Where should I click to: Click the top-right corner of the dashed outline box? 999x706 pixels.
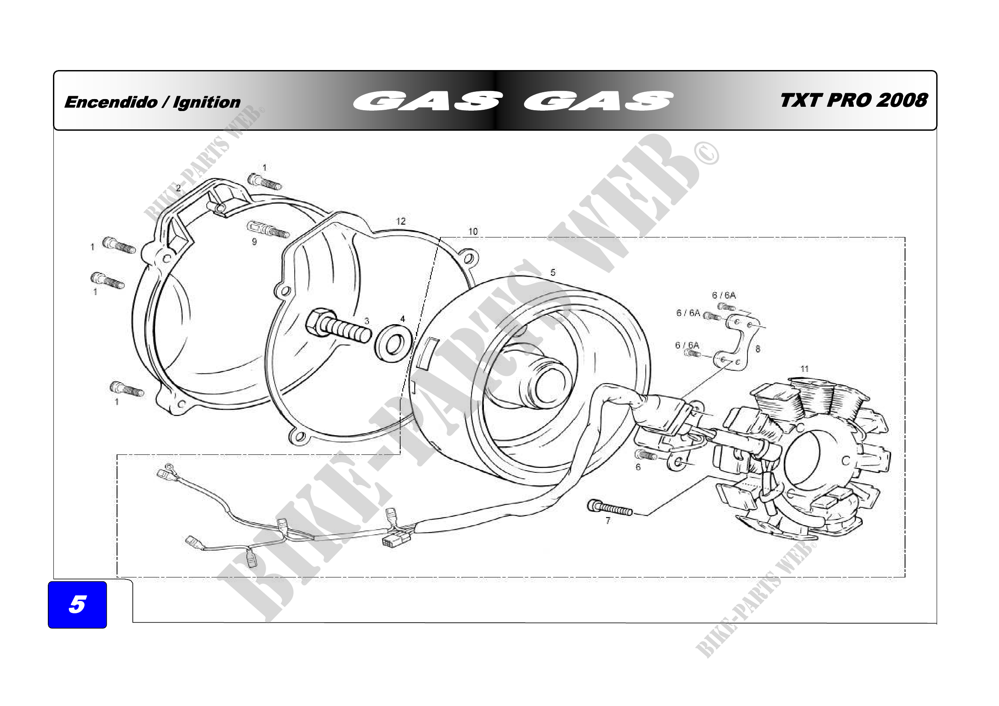[x=905, y=237]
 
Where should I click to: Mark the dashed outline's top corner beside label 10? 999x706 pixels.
[x=440, y=238]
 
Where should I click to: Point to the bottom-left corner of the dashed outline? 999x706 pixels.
[x=117, y=577]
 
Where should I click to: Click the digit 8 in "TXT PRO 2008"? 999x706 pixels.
[x=920, y=100]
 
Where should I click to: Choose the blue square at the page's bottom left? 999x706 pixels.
[x=77, y=605]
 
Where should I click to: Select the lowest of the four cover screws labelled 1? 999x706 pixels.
[x=126, y=389]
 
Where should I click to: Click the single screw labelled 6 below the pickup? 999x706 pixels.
[x=646, y=455]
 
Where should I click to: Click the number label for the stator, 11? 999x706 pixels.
[x=805, y=369]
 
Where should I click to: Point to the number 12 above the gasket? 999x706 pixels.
[x=401, y=221]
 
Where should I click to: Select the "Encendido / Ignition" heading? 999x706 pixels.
[x=152, y=102]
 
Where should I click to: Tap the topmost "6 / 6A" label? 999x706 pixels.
[x=724, y=295]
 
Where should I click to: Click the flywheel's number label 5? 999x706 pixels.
[x=553, y=272]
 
